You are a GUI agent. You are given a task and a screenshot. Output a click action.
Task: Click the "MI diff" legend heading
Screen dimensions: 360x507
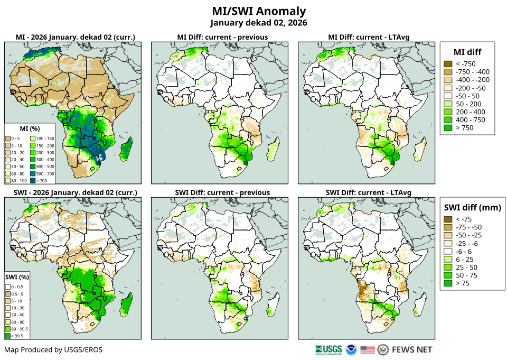467,51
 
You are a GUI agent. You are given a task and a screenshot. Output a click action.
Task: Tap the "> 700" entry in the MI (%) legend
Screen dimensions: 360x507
45,173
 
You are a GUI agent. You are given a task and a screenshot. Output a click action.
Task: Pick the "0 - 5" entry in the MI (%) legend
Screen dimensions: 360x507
16,138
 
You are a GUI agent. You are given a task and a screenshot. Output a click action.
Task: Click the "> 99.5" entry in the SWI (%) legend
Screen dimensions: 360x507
15,336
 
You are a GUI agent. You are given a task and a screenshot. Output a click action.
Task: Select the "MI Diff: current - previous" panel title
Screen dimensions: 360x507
222,37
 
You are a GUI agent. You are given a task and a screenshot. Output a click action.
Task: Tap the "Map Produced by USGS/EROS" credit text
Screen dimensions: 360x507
53,350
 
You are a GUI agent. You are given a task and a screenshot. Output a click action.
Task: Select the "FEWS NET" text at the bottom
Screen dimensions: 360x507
412,350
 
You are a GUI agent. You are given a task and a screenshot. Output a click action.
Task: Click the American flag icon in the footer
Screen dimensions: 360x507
367,350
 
